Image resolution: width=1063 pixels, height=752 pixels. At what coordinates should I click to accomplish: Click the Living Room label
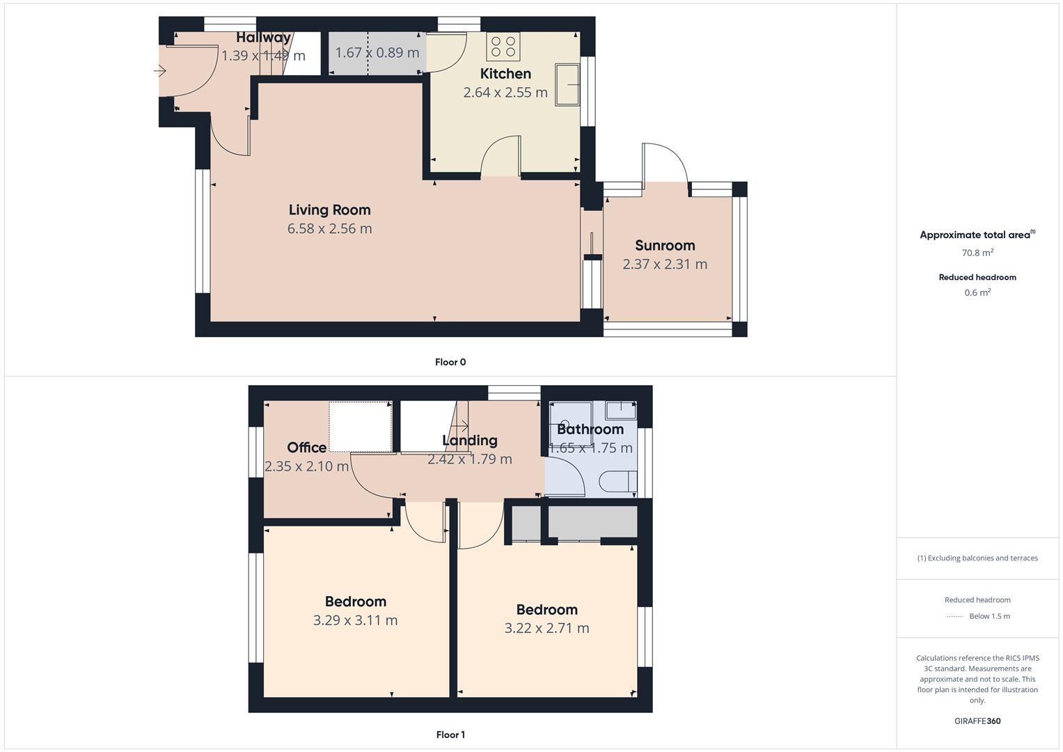tap(329, 210)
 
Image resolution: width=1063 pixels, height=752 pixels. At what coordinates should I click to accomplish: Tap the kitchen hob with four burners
tap(503, 47)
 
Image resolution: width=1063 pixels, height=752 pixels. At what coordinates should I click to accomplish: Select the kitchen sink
tap(567, 84)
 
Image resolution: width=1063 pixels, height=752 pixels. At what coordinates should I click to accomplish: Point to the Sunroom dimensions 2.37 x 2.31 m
tap(665, 264)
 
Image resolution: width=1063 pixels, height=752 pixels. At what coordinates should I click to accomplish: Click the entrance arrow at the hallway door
tap(159, 71)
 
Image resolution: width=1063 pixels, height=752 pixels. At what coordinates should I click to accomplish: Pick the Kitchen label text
tap(505, 74)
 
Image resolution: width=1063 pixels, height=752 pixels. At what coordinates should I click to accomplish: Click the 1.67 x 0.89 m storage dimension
tap(377, 53)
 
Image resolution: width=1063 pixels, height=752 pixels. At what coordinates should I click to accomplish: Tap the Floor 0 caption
tap(450, 362)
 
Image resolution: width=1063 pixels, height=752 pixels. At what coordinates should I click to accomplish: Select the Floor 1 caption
tap(450, 735)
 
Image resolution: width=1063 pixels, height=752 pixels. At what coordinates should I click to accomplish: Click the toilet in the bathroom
tap(618, 481)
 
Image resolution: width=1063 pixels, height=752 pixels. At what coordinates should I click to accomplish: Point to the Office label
tap(306, 447)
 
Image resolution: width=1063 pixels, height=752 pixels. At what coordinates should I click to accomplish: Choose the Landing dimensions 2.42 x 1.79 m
tap(470, 459)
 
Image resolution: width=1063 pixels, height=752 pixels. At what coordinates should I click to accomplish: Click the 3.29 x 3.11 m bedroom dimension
tap(356, 620)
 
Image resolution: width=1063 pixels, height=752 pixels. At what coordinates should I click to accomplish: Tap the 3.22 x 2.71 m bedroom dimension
tap(546, 628)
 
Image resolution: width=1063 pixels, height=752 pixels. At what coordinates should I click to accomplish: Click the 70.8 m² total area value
tap(977, 253)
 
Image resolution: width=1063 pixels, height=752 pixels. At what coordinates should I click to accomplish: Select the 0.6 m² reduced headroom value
tap(977, 292)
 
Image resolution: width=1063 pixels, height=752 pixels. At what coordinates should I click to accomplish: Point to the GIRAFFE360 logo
tap(977, 721)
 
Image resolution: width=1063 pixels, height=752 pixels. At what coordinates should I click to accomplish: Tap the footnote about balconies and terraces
tap(977, 558)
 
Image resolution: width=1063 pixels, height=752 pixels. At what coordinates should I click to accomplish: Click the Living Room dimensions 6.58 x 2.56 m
tap(329, 228)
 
